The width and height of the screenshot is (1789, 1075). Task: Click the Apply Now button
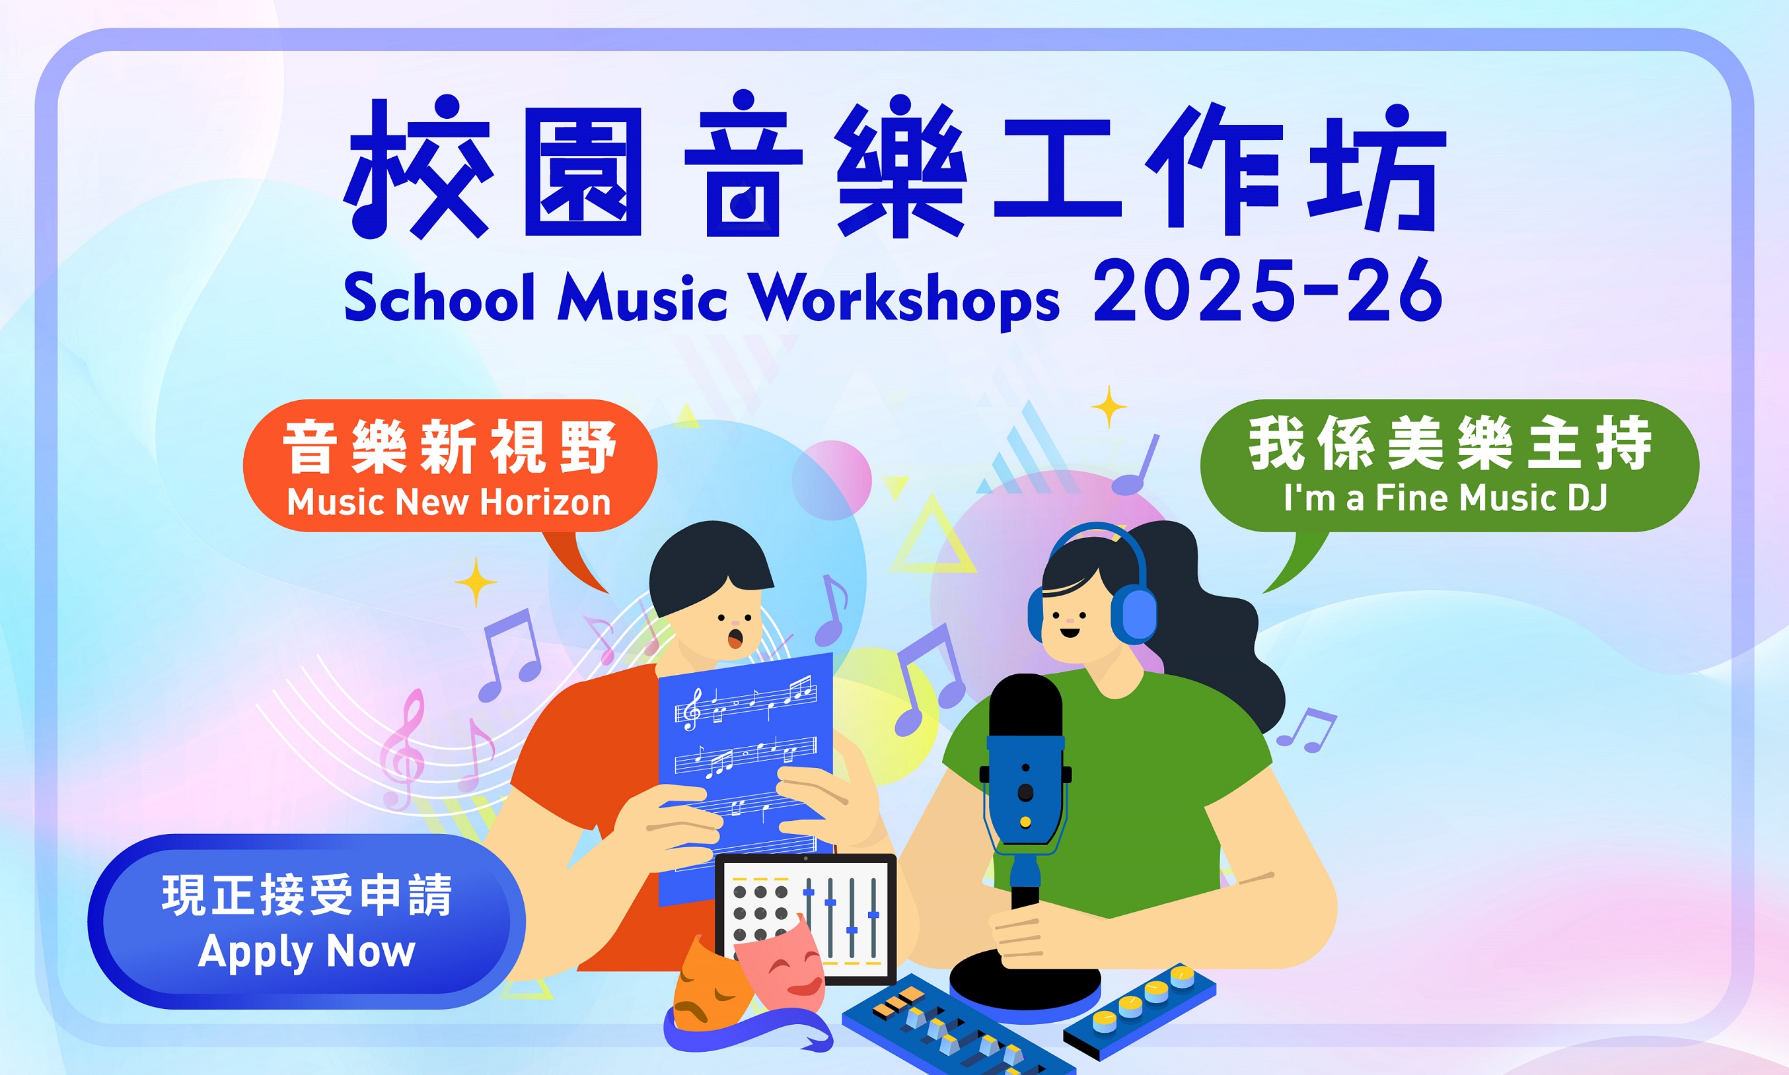tap(306, 921)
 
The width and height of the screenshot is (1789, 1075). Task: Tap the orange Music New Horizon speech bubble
tap(449, 466)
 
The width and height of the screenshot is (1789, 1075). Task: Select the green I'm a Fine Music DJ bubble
tap(1449, 466)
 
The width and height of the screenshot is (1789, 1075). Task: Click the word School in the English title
tap(439, 297)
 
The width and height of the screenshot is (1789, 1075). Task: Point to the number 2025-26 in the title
tap(1267, 291)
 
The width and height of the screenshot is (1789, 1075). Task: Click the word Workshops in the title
tap(904, 298)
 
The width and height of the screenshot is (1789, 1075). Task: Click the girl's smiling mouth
tap(1070, 633)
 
